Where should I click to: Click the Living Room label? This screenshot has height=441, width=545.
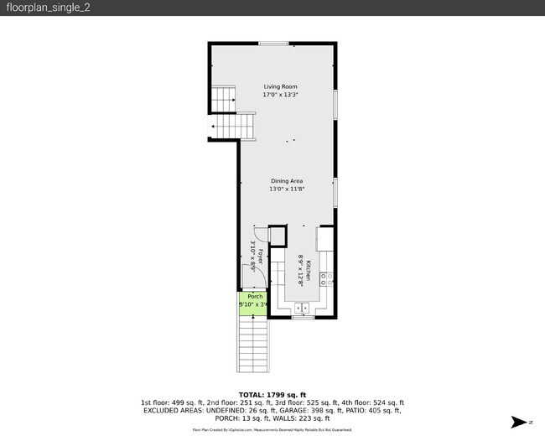280,86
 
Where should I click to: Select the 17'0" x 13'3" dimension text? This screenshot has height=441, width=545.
280,95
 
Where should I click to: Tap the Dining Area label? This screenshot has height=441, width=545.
286,181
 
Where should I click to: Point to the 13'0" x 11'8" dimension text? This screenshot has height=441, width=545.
286,189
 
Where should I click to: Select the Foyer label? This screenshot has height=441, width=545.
260,256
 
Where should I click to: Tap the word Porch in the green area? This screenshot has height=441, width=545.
255,297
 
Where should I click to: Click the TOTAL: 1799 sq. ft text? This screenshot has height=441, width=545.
272,394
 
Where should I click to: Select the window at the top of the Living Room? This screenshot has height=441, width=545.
272,43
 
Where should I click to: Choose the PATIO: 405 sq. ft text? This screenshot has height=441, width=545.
372,411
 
